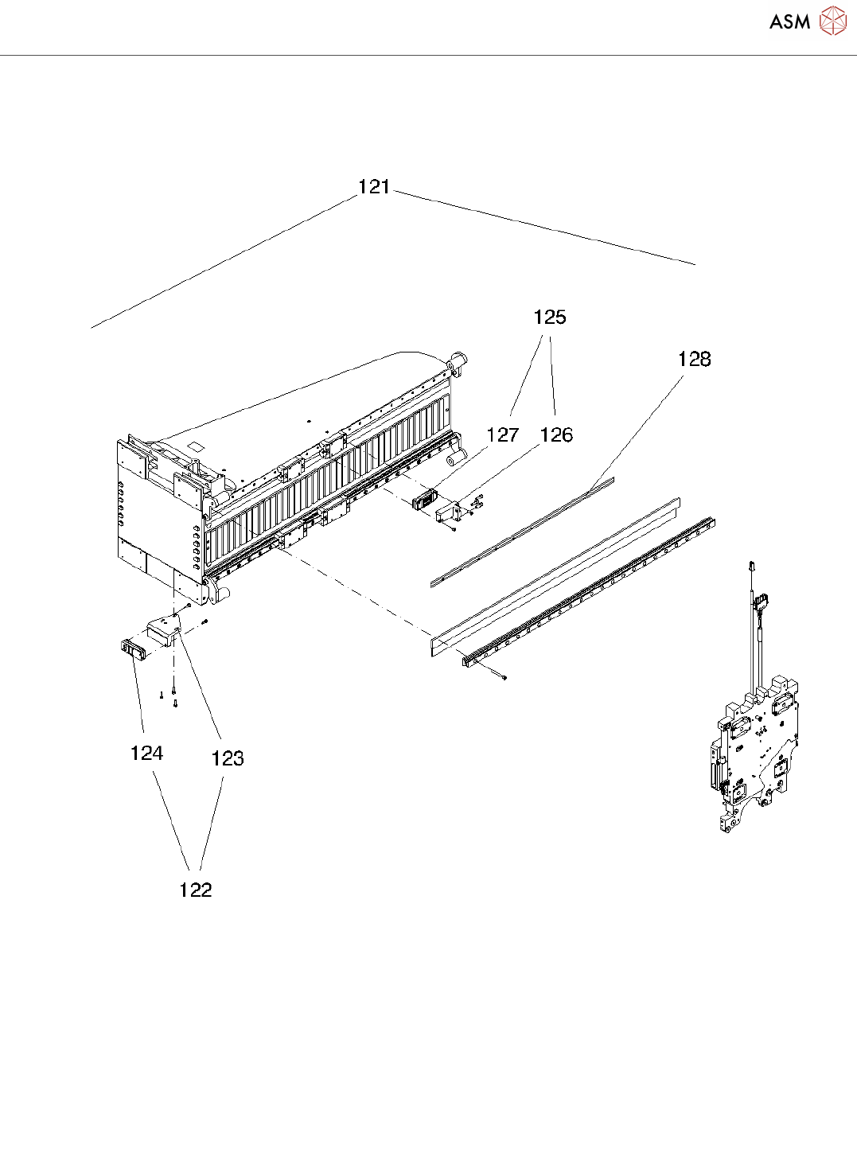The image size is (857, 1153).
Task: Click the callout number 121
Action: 374,187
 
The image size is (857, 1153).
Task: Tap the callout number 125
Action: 549,317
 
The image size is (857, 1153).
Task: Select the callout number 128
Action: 694,360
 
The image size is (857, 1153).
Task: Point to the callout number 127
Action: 503,435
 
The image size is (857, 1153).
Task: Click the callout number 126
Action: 556,435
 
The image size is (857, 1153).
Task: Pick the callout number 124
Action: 146,754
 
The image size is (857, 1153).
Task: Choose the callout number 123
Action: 228,758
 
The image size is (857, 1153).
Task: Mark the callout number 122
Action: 196,890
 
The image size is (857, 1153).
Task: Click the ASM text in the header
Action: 789,22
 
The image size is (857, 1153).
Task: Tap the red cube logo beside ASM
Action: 833,21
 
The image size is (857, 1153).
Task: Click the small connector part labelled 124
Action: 130,649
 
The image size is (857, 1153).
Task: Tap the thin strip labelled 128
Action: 522,531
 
